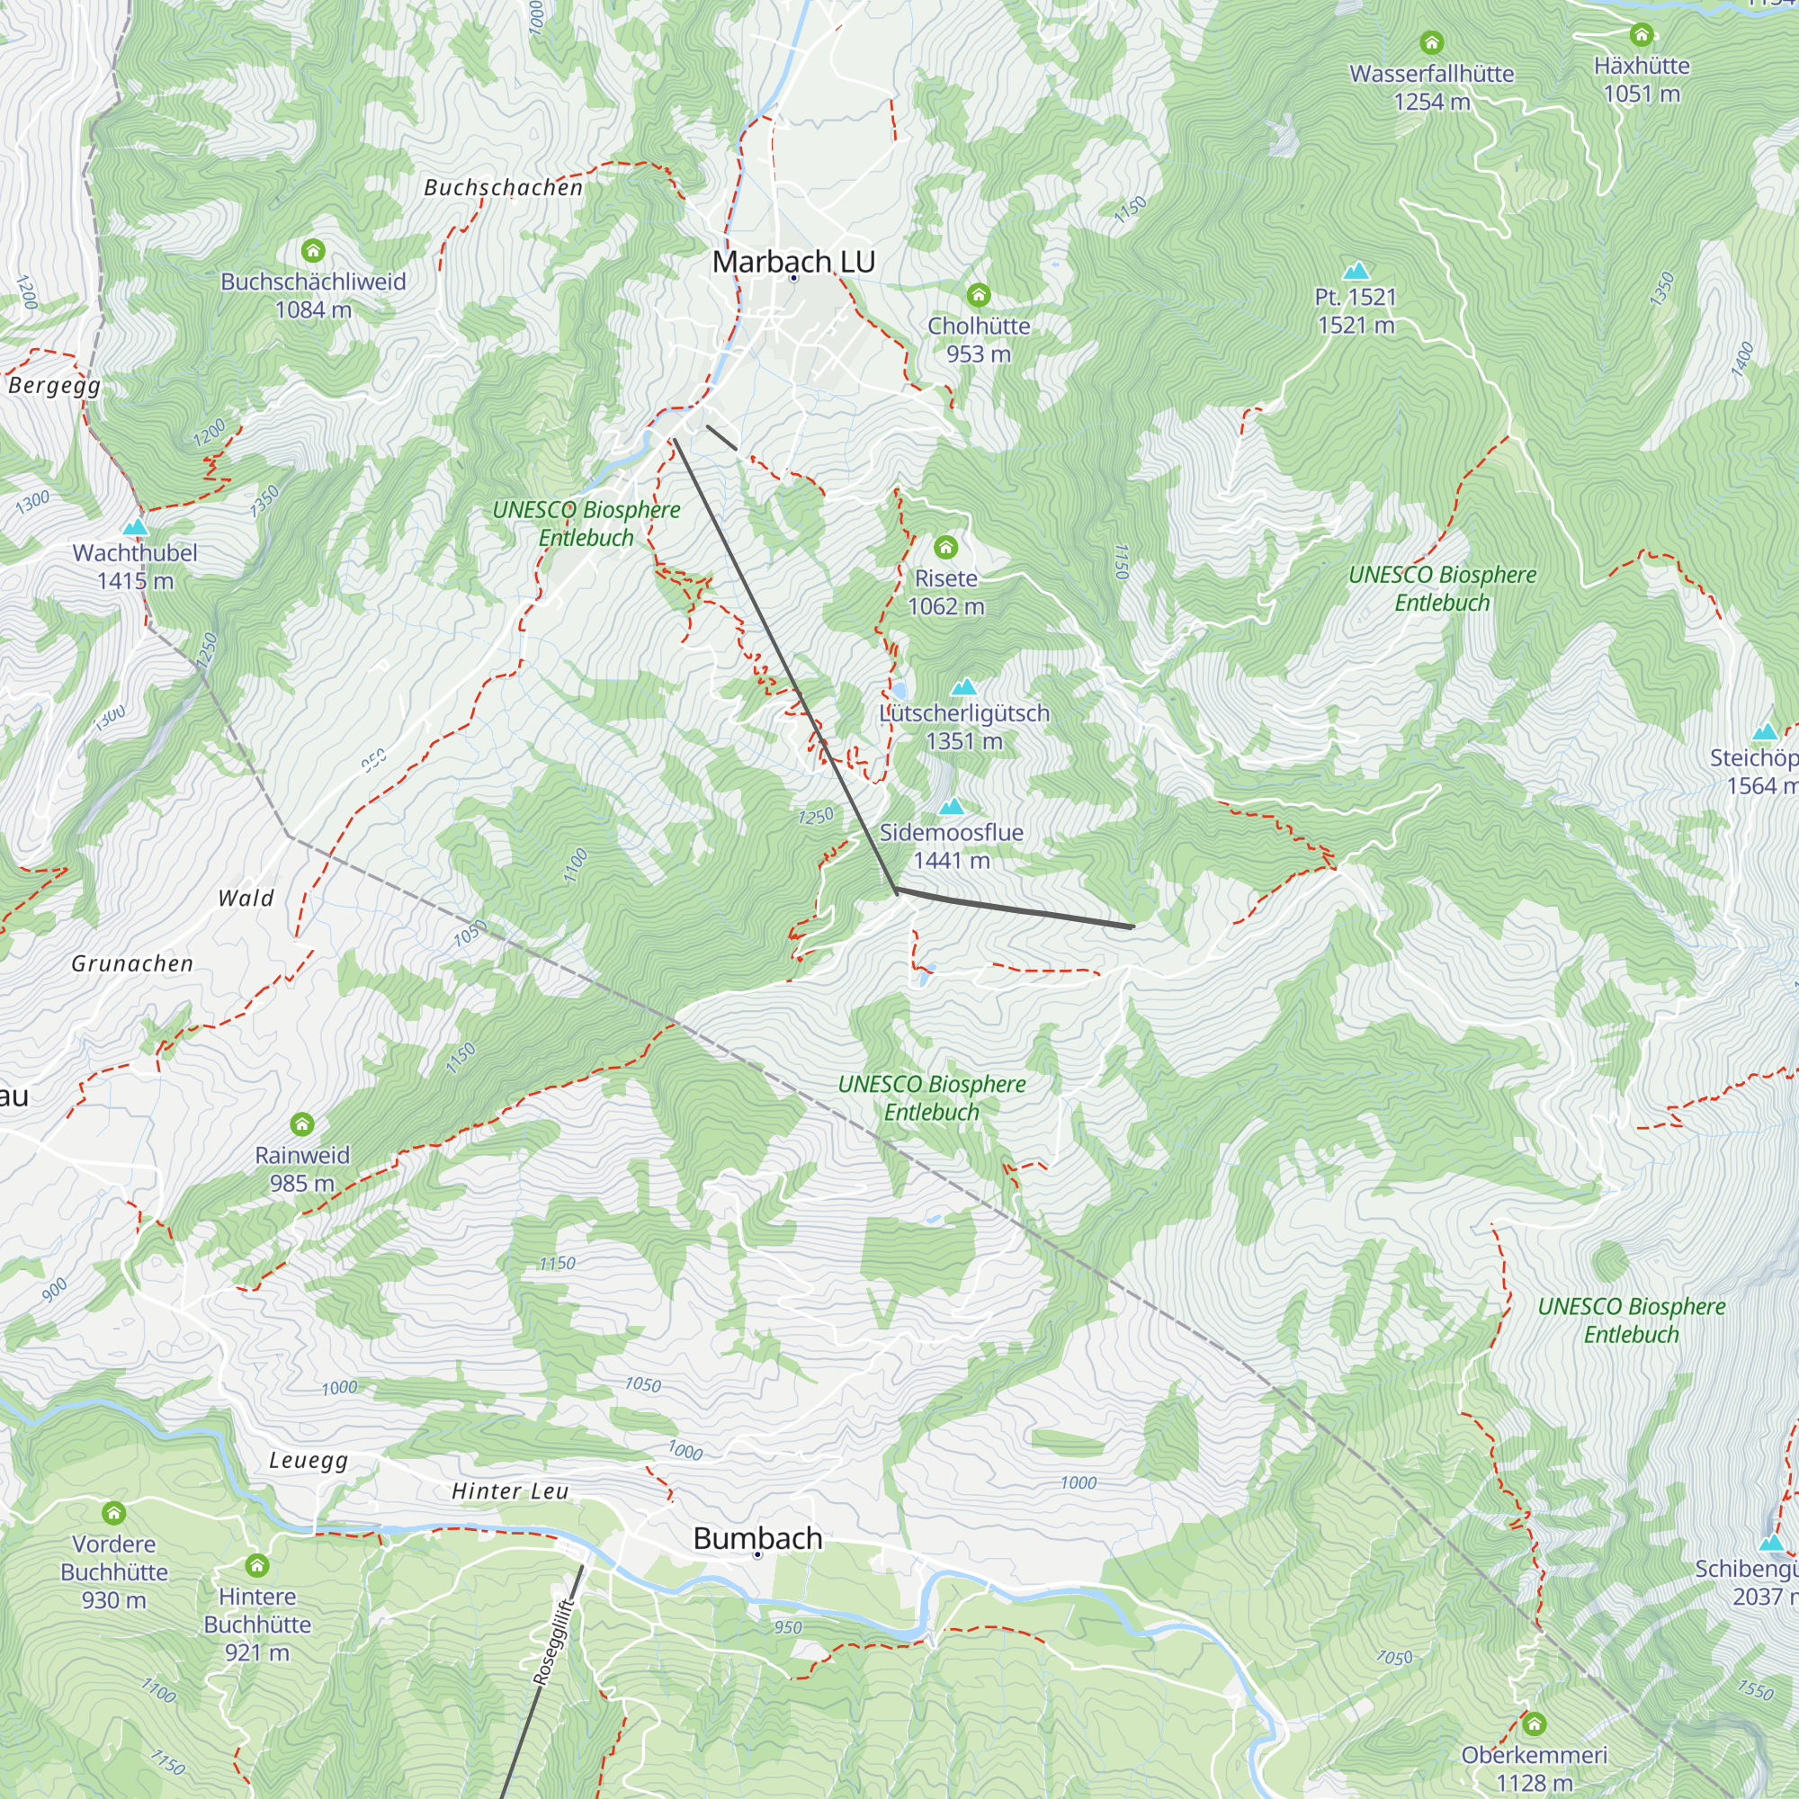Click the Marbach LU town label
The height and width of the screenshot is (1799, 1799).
pos(793,263)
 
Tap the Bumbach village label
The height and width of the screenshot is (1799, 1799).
pos(757,1538)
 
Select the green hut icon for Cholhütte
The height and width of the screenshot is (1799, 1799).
pos(978,295)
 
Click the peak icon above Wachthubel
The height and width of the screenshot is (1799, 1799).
pos(136,527)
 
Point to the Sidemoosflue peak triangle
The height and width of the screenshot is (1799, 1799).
pos(951,806)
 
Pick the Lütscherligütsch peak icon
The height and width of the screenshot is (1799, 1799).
pos(963,687)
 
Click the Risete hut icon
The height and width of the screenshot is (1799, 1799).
pos(946,547)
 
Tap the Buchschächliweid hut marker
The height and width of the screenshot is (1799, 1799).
pos(313,250)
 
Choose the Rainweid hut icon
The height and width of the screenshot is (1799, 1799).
pos(301,1123)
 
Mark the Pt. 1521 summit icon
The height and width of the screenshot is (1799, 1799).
pos(1356,271)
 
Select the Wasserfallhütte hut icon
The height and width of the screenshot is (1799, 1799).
pos(1431,43)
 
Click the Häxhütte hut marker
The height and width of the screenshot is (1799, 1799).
pos(1641,35)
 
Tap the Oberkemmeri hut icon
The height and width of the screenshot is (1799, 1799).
pos(1534,1723)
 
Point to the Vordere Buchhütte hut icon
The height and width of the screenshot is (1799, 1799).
pos(113,1513)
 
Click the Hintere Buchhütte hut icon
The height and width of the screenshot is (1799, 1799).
pos(257,1565)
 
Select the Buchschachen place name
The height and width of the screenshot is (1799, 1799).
pos(503,188)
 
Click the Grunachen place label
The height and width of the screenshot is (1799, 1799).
pos(132,963)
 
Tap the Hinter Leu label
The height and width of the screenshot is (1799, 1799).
pos(509,1491)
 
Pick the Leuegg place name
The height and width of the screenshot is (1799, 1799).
pos(309,1460)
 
